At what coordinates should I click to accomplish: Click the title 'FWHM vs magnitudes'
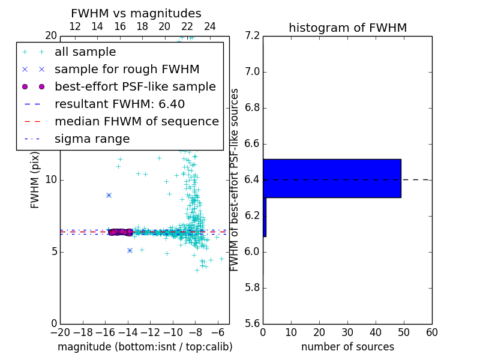point(136,13)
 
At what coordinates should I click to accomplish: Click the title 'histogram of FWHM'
point(347,28)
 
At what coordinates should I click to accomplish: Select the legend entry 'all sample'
point(85,52)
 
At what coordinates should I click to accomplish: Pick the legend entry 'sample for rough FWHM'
point(127,70)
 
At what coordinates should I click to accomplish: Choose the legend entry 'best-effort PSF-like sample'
point(135,86)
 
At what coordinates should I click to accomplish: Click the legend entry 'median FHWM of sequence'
point(136,121)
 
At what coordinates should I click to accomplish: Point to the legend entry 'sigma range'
point(92,139)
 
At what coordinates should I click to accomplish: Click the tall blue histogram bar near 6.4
point(332,178)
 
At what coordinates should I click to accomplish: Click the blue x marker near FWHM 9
point(109,195)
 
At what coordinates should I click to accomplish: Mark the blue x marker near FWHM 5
point(130,250)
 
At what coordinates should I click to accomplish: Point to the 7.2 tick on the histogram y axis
point(252,36)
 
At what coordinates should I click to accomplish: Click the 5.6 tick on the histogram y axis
point(252,323)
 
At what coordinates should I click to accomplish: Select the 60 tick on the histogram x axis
point(431,332)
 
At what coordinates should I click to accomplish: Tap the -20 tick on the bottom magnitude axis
point(60,332)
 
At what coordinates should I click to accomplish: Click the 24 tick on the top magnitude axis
point(210,26)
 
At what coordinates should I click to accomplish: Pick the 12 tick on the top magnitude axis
point(75,26)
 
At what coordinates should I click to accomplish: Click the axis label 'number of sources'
point(347,347)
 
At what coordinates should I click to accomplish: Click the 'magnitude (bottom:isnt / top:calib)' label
point(145,347)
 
